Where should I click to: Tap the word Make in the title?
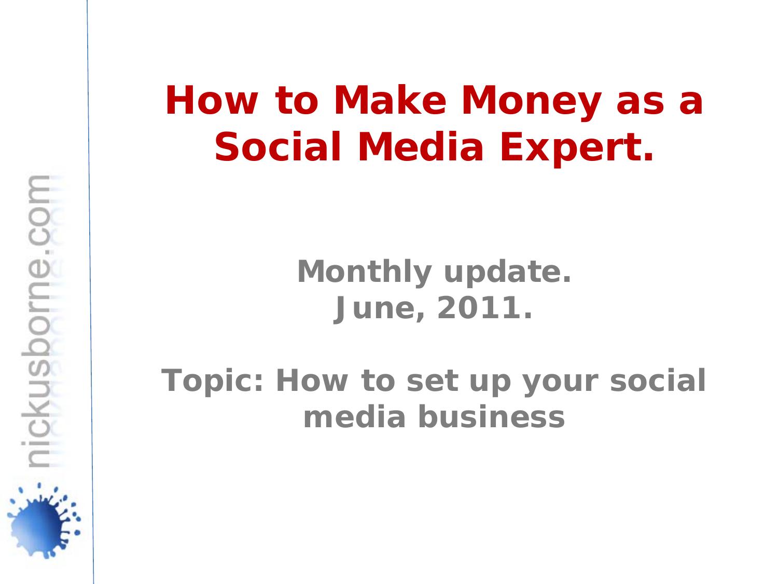pyautogui.click(x=390, y=101)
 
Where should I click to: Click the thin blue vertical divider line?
pyautogui.click(x=90, y=291)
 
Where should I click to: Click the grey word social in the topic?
pyautogui.click(x=658, y=381)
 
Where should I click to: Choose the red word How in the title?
pyautogui.click(x=211, y=101)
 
